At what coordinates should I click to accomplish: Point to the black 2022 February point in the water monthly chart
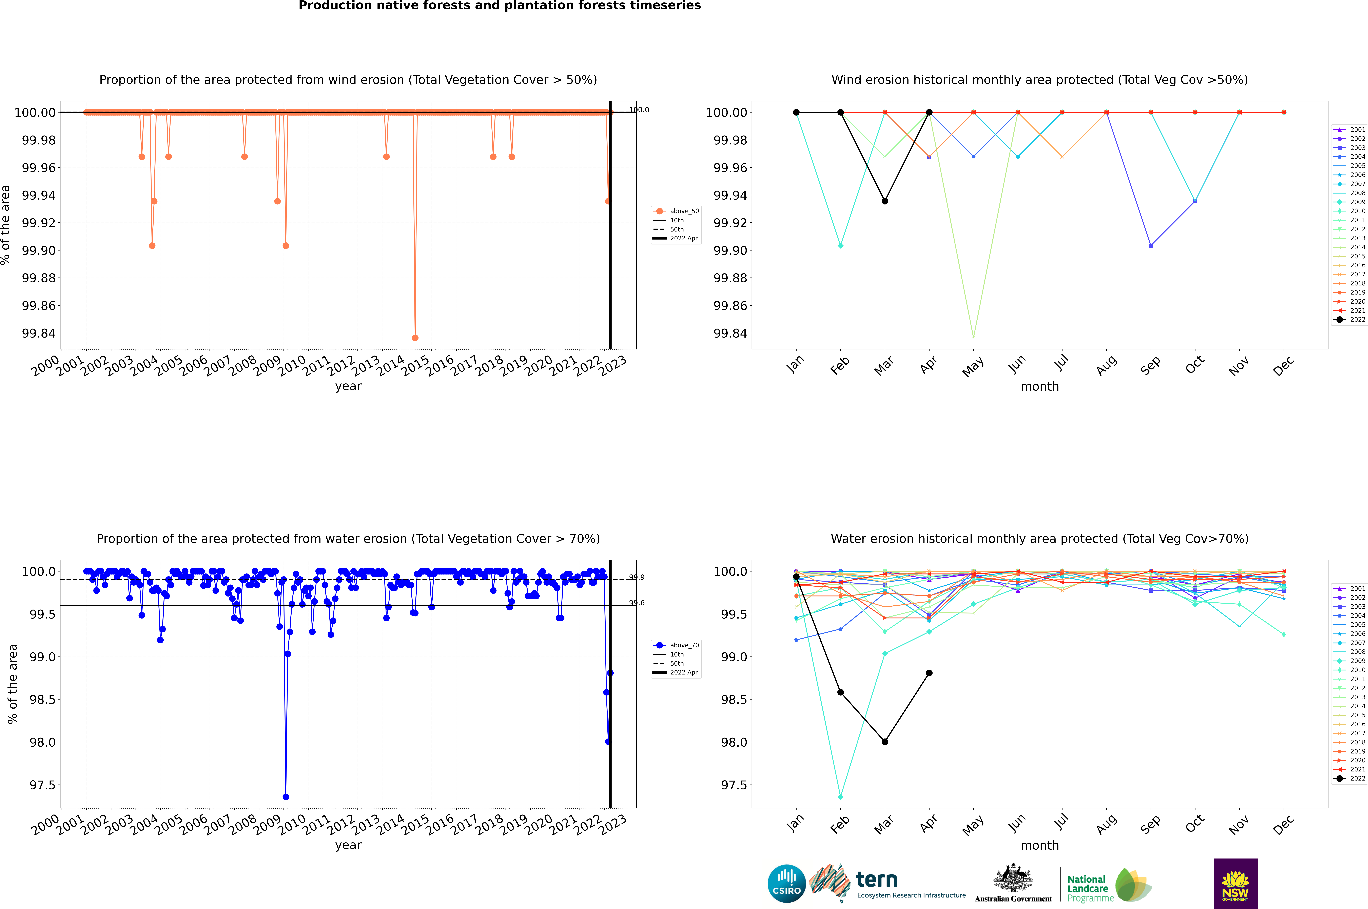(840, 692)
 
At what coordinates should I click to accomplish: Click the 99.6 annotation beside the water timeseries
(637, 603)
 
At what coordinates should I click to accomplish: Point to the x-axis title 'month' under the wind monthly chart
(1039, 387)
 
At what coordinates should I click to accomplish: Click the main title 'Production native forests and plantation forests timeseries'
(499, 6)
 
